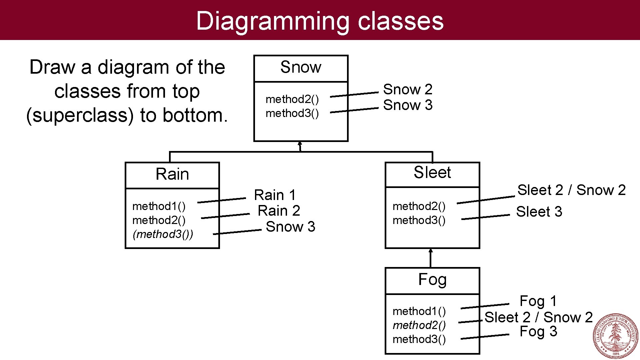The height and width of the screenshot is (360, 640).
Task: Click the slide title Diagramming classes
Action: [x=320, y=21]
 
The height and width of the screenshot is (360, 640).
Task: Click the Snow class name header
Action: [x=301, y=67]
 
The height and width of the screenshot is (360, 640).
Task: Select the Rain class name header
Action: [x=172, y=174]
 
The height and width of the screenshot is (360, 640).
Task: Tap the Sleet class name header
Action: [x=432, y=173]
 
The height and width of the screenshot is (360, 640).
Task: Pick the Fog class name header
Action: [x=432, y=279]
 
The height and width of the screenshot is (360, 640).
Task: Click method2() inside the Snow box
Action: [x=292, y=99]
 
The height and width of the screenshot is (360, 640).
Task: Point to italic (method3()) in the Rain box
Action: [x=163, y=234]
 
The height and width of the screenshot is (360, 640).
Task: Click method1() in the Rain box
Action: [x=159, y=206]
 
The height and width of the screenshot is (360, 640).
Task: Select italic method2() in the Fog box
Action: [x=419, y=325]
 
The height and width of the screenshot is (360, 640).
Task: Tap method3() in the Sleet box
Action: [x=419, y=220]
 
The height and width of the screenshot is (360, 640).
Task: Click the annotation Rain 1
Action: [x=275, y=195]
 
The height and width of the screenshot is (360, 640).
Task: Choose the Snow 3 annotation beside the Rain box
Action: [x=290, y=227]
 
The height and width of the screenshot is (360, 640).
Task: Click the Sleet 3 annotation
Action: [x=539, y=212]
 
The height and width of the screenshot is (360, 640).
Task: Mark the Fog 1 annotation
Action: [x=538, y=301]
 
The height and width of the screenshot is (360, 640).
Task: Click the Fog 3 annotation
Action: [x=538, y=332]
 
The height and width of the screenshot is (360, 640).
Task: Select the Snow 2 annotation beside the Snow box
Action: [x=407, y=89]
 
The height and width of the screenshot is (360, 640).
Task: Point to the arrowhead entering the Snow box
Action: [x=300, y=144]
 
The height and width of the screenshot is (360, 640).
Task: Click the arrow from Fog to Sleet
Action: [x=431, y=258]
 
